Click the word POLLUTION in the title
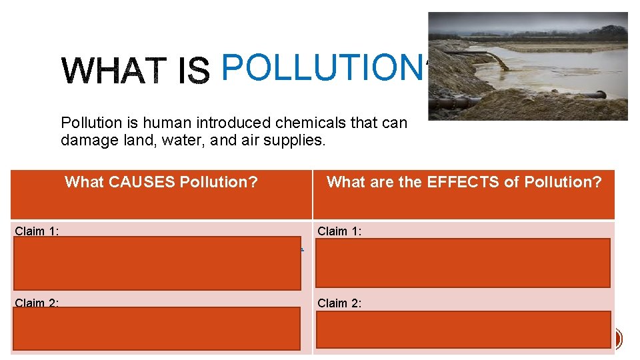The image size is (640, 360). [x=320, y=67]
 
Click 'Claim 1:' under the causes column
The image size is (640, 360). [x=39, y=231]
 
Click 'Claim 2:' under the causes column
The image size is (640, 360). [x=39, y=303]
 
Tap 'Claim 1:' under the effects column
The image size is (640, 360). [x=341, y=231]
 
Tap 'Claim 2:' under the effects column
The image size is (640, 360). [x=341, y=303]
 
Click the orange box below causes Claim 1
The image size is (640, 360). [x=156, y=263]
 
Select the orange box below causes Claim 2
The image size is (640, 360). [x=156, y=328]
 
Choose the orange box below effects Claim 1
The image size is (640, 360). [x=463, y=263]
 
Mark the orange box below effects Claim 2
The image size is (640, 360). [x=463, y=329]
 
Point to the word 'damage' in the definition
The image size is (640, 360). [x=85, y=141]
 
